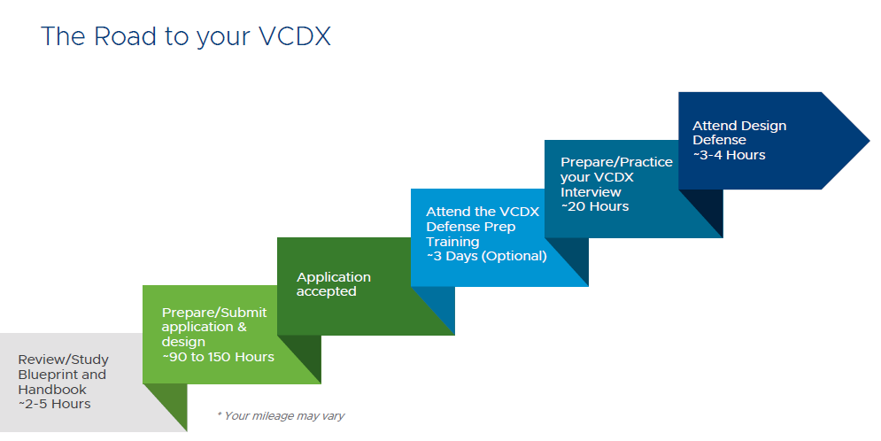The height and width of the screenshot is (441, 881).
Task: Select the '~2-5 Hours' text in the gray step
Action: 55,404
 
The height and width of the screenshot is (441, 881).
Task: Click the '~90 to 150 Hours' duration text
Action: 218,357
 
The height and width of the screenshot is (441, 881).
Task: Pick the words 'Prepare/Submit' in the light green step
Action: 214,312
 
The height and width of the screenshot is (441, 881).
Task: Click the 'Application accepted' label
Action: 333,284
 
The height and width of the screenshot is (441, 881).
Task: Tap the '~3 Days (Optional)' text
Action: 486,256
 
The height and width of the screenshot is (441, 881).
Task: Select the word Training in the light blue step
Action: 452,241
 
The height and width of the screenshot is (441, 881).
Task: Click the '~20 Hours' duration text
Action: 595,206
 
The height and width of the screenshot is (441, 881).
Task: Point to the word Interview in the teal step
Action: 591,191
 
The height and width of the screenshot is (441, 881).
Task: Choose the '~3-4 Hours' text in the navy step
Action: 729,155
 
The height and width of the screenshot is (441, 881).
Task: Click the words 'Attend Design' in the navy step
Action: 739,126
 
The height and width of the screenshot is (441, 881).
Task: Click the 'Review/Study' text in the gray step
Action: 62,359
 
